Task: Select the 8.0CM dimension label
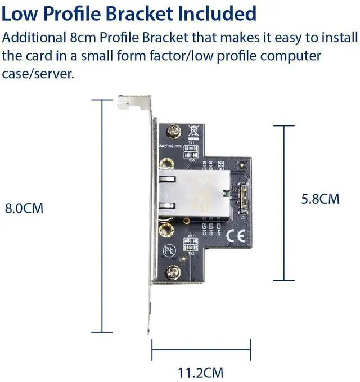click(24, 208)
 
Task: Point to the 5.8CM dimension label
click(321, 199)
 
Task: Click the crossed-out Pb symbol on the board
click(168, 250)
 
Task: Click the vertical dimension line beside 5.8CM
click(287, 203)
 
